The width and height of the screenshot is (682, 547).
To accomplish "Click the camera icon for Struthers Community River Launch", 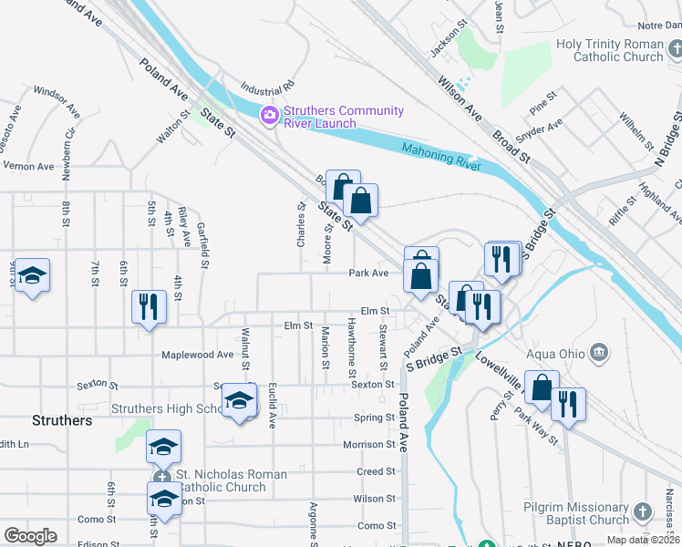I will coord(269,116).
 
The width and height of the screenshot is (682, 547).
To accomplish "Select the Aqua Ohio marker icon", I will coord(599,352).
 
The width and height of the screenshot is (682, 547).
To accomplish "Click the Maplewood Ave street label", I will coord(198,355).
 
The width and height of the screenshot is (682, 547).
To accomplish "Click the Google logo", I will coord(30,536).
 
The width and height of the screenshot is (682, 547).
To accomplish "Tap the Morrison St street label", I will coord(369,445).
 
